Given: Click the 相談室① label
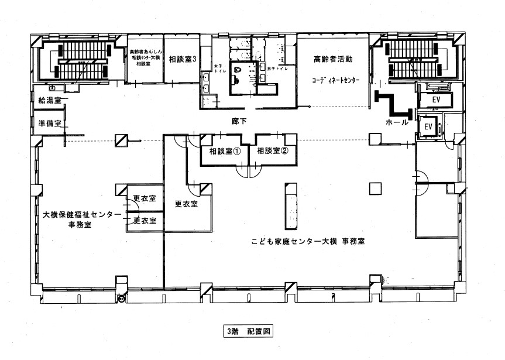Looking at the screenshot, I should [x=221, y=151].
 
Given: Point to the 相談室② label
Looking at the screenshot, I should [x=273, y=151].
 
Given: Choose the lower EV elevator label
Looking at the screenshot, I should [x=428, y=126].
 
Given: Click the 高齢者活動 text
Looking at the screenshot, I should [x=333, y=60].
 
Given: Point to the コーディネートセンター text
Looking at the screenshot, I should [x=335, y=79].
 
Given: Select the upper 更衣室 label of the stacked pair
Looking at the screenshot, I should [x=144, y=199].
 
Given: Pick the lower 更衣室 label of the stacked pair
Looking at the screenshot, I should [x=144, y=221].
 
